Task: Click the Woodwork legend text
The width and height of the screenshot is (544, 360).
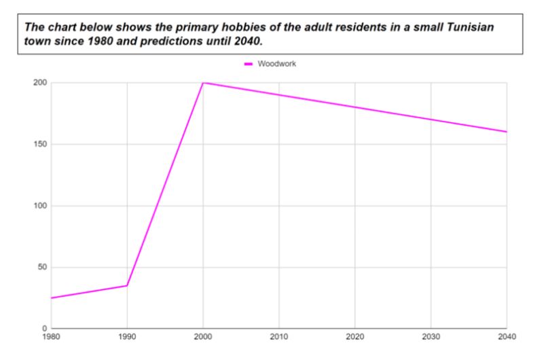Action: point(277,64)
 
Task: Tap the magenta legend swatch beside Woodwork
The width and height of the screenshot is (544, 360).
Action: point(249,64)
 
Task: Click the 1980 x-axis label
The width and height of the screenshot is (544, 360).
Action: point(51,336)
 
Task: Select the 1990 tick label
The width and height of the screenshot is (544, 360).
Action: point(126,336)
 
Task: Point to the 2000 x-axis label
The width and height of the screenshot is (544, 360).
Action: point(202,336)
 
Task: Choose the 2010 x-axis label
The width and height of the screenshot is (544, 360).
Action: point(278,336)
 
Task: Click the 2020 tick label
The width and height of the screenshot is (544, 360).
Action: point(355,336)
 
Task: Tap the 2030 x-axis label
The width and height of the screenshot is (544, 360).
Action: point(431,336)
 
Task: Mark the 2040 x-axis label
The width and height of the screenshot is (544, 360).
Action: point(506,336)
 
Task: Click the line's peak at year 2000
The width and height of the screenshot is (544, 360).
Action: point(203,83)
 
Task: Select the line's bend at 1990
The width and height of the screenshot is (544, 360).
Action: point(127,285)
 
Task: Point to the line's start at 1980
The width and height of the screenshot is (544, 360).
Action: point(51,298)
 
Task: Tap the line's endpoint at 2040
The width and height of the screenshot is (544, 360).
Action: point(507,132)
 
